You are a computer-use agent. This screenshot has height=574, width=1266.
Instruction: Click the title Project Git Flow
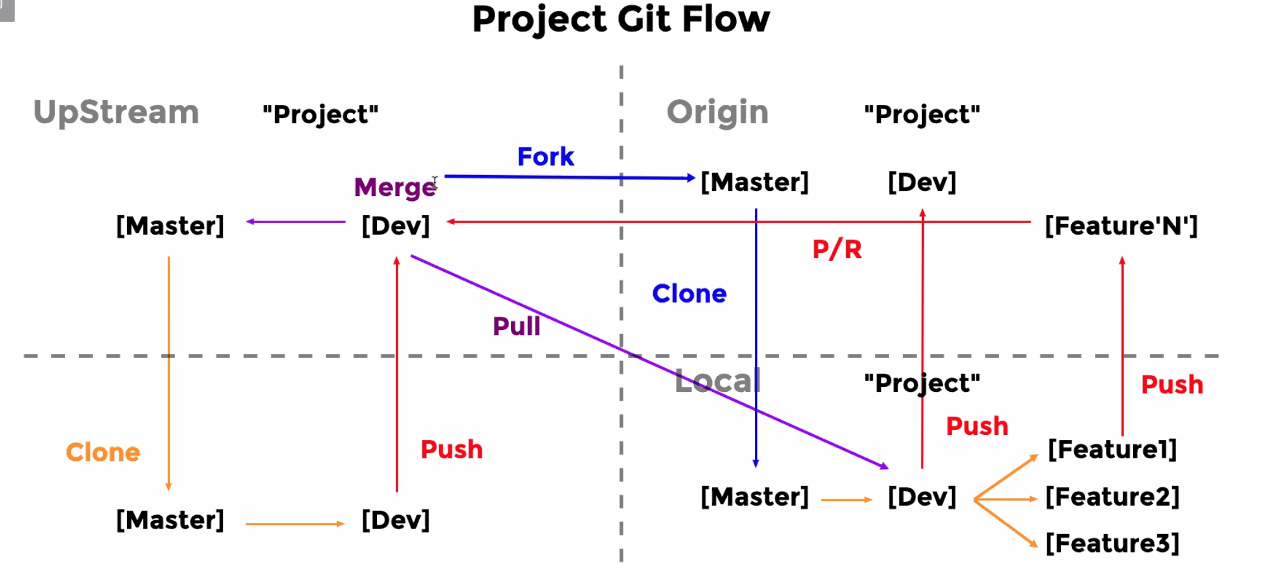tap(621, 19)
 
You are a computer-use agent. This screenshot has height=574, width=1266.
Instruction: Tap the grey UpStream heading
tap(116, 113)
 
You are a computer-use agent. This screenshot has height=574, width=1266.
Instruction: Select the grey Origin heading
tap(717, 113)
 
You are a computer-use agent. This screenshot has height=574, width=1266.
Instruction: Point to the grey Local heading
tap(717, 381)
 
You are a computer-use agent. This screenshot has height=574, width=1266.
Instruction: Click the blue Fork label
tap(545, 157)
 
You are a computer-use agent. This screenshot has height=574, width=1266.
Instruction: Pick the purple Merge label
tap(395, 187)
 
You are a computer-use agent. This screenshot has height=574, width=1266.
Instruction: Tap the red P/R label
tap(837, 249)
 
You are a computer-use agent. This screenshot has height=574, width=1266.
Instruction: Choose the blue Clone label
tap(689, 294)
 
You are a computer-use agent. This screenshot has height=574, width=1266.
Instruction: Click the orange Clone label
tap(103, 453)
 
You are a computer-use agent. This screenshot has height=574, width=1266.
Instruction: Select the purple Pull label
tap(516, 327)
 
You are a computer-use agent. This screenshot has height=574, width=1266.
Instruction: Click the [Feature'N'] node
tap(1121, 226)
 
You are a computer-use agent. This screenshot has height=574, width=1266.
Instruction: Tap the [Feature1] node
tap(1112, 449)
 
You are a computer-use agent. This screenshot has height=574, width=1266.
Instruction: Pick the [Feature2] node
tap(1112, 497)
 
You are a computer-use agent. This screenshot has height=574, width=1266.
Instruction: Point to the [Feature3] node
tap(1112, 543)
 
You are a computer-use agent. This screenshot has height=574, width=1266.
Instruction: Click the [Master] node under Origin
tap(754, 183)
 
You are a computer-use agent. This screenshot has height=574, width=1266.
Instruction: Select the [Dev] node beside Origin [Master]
tap(921, 183)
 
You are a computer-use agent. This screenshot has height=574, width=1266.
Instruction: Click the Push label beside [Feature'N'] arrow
tap(1171, 385)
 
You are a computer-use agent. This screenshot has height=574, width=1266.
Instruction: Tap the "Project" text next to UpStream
tap(320, 115)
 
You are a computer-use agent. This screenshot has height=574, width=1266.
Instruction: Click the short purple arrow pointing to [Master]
tap(295, 222)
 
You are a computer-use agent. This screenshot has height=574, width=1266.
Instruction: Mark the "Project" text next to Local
tap(921, 383)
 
